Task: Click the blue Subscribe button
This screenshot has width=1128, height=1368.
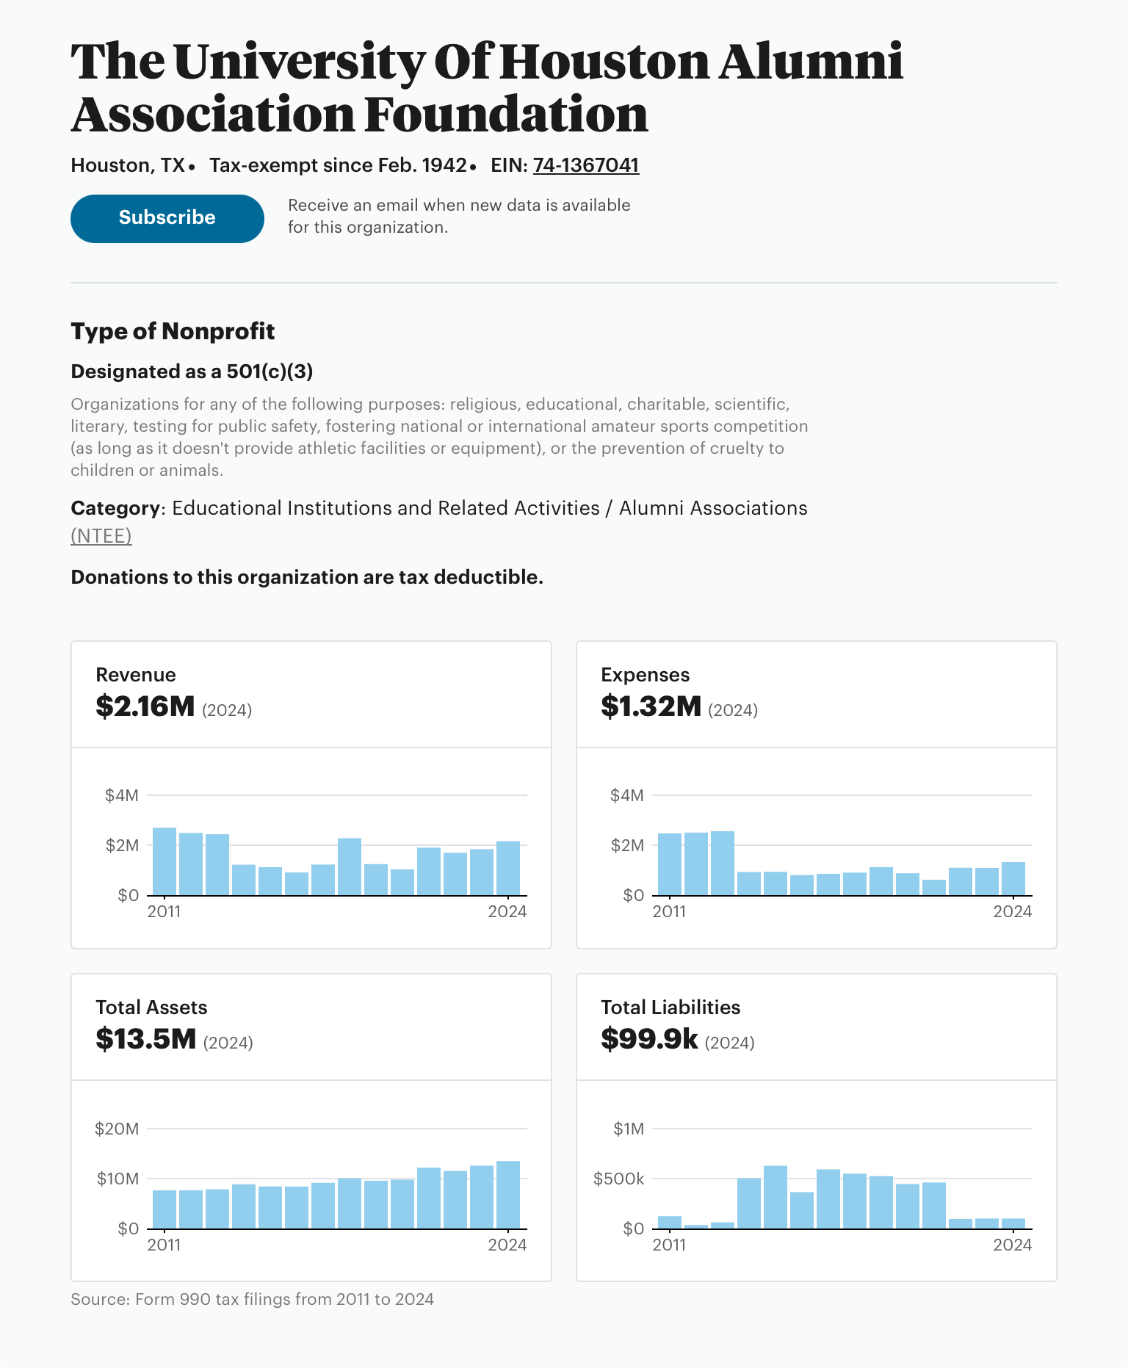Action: (x=167, y=218)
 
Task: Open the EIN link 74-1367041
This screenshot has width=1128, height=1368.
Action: (x=585, y=165)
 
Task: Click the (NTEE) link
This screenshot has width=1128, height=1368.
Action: (x=101, y=536)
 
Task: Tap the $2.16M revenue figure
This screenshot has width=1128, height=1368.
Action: (x=145, y=706)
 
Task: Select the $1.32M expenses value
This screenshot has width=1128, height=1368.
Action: (x=651, y=706)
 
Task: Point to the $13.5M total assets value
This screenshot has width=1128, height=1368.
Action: (x=146, y=1039)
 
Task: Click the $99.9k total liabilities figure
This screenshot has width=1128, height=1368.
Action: (x=649, y=1039)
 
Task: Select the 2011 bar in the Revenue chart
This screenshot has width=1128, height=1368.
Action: (x=164, y=861)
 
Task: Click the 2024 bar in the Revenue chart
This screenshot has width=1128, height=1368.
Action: (x=508, y=868)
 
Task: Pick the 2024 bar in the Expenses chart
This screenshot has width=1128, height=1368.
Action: (x=1013, y=878)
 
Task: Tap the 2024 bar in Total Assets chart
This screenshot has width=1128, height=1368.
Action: (x=508, y=1194)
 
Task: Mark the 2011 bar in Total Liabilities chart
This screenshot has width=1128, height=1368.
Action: (x=670, y=1222)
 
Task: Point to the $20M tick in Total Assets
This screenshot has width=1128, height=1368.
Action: (x=117, y=1129)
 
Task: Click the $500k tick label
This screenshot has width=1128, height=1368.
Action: (x=618, y=1179)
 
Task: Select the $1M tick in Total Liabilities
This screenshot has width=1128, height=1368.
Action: (x=629, y=1129)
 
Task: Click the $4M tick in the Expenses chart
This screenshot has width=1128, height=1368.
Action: (x=626, y=795)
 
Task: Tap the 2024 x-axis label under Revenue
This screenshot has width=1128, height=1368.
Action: (x=507, y=912)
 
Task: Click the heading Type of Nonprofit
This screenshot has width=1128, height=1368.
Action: (x=173, y=331)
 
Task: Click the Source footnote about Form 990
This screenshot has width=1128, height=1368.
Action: (x=252, y=1299)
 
